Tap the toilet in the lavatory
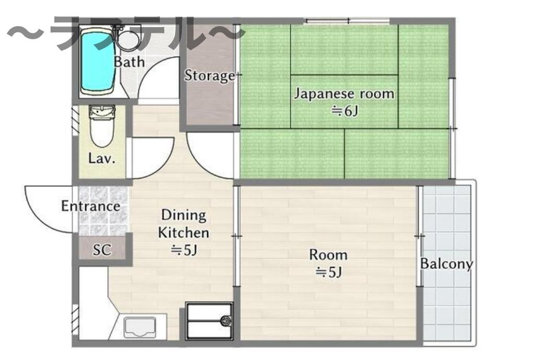[102, 126]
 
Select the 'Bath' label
[129, 62]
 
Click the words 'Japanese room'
[344, 94]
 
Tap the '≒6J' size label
[344, 111]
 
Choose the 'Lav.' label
[102, 158]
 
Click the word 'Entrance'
[90, 206]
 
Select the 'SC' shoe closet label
[102, 250]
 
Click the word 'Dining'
[184, 215]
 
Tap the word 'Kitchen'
[184, 233]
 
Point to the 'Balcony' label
[446, 264]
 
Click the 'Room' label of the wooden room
[328, 255]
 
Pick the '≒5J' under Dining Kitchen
[184, 250]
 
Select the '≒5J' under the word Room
[329, 272]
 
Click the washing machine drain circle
[225, 321]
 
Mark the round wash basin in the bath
[128, 40]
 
